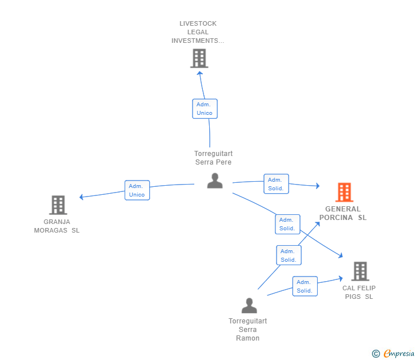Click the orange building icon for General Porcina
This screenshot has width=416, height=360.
coord(345,193)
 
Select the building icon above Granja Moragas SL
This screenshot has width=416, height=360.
coord(58,205)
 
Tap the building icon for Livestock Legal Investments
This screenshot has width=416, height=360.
coord(199,58)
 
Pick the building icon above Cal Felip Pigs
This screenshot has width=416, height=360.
coord(360,271)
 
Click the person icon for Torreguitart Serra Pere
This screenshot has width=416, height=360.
coord(215,181)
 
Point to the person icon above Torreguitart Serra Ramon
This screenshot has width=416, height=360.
coord(249,305)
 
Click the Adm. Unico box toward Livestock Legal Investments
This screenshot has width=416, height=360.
coord(205,109)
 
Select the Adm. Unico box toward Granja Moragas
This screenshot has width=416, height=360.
coord(137,190)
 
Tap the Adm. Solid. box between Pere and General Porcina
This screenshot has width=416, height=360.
coord(276,184)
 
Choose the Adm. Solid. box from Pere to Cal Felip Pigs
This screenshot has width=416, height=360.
coord(287,224)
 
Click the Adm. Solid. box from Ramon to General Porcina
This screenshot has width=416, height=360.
coord(289,255)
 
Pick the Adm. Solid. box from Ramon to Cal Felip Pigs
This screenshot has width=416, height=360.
coord(305,286)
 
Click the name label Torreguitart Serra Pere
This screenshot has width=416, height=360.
coord(213,158)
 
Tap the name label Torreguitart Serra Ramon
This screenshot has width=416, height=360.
coord(248,330)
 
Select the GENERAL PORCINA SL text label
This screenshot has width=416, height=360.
coord(343,213)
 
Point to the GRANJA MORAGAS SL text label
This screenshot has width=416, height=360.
coord(57,226)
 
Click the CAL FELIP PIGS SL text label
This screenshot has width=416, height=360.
coord(359,293)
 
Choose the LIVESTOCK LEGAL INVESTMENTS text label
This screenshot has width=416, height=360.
coord(198,32)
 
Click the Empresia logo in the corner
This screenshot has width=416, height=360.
coord(393,353)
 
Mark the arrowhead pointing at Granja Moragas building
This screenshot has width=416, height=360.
coord(82,197)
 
